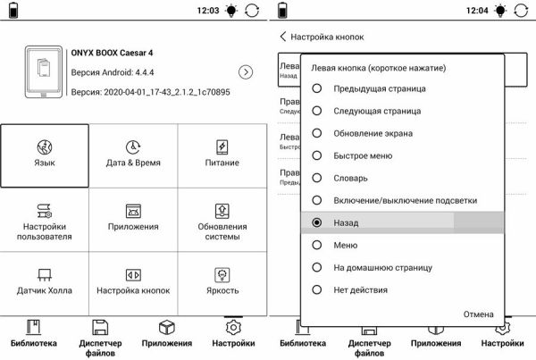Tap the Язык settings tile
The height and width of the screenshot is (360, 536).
[x=45, y=154]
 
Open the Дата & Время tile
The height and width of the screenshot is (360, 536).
[x=133, y=154]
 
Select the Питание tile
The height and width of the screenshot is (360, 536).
[x=222, y=154]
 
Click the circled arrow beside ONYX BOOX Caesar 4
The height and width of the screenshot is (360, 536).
[x=246, y=71]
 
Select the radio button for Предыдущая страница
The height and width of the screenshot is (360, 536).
[x=316, y=88]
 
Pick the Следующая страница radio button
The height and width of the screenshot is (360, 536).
[x=316, y=111]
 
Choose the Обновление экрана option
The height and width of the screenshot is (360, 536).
[x=316, y=133]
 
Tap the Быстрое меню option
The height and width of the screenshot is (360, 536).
[x=316, y=155]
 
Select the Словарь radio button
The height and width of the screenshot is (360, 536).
[x=316, y=178]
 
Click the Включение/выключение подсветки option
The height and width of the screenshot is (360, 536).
[x=316, y=200]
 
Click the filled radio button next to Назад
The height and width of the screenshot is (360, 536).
[x=316, y=222]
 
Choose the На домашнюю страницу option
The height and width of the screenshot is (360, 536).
[x=316, y=267]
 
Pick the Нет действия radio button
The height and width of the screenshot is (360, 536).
[x=316, y=289]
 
